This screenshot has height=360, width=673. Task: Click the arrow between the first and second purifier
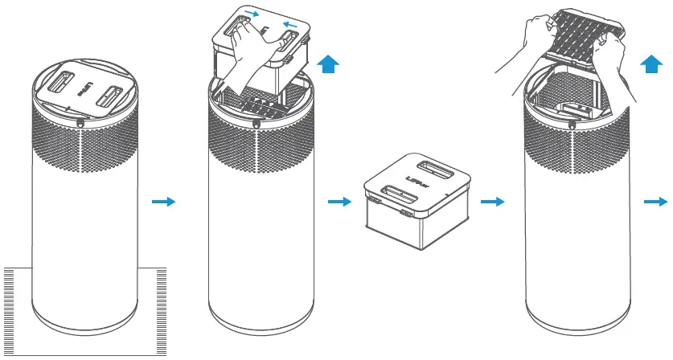click(x=163, y=202)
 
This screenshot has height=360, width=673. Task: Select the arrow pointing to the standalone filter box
click(x=339, y=202)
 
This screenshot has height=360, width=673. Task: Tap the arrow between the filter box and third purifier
click(x=492, y=202)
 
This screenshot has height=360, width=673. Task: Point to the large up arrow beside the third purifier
click(x=650, y=64)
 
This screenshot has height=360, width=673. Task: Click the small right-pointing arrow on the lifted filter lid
click(x=252, y=13)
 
